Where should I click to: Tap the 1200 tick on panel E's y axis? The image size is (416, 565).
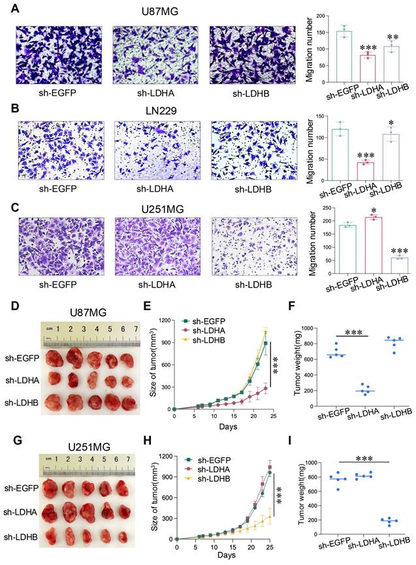click(166, 320)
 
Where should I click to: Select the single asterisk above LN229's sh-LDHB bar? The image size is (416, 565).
click(391, 124)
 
